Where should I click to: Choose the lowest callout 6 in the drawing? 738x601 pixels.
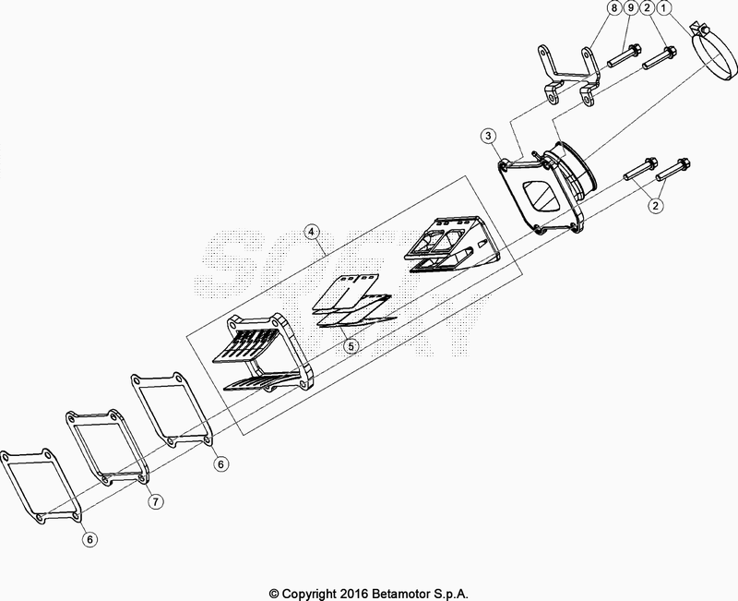[89, 537]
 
